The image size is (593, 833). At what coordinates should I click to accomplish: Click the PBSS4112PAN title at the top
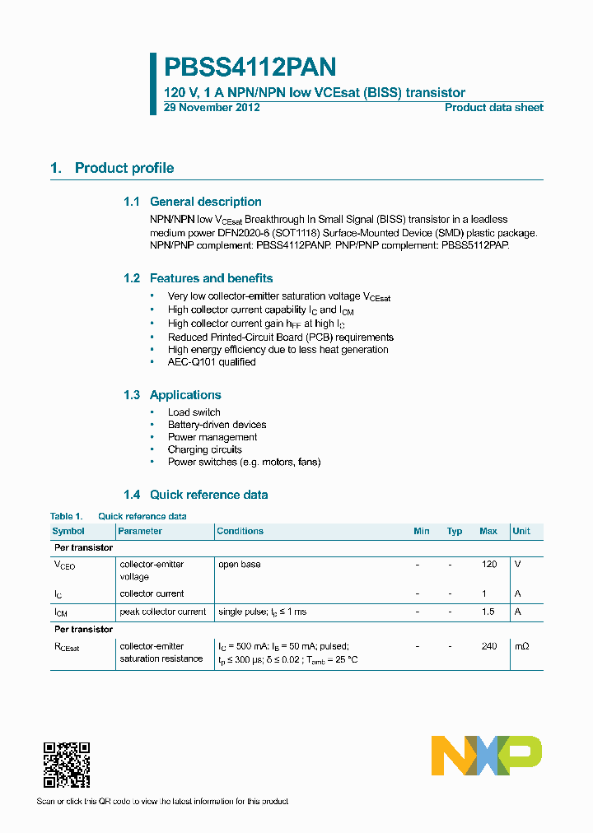click(250, 67)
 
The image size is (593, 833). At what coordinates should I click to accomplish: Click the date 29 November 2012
click(212, 108)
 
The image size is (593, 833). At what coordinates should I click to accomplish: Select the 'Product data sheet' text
click(493, 108)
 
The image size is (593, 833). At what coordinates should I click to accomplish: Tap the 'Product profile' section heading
click(124, 168)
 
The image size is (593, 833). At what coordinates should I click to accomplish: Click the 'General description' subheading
click(205, 202)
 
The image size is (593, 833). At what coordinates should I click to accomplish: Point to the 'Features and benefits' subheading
click(211, 278)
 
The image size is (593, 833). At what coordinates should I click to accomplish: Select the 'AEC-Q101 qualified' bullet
click(212, 362)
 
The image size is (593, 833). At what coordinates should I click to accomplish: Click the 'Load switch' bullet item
click(194, 412)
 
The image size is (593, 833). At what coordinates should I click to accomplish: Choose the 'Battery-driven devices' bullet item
click(217, 425)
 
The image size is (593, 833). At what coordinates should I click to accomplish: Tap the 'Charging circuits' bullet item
click(204, 449)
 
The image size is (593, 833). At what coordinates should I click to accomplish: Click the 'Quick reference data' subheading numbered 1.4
click(208, 495)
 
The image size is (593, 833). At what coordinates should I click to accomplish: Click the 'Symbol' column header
click(68, 532)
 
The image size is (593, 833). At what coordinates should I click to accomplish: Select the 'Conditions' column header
click(240, 532)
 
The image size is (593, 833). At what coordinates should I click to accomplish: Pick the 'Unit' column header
click(521, 532)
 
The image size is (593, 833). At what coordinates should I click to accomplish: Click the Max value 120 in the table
click(489, 565)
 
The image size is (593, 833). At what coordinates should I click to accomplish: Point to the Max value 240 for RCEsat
click(489, 646)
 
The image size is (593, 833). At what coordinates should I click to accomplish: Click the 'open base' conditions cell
click(239, 565)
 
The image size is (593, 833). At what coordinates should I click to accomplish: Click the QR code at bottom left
click(66, 765)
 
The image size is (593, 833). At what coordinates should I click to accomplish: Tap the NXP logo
click(487, 755)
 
